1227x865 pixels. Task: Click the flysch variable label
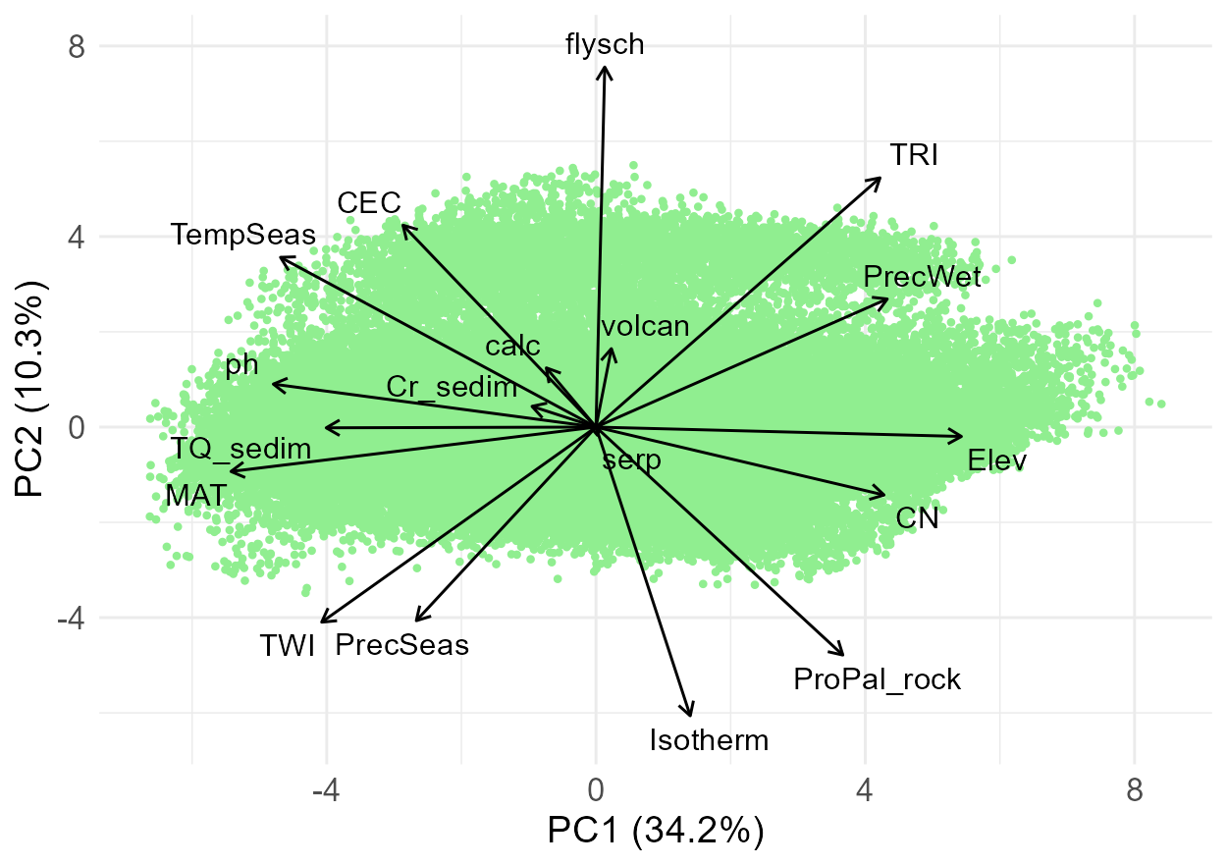pos(605,44)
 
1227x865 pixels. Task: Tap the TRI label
pos(914,155)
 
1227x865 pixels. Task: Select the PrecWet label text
pos(922,277)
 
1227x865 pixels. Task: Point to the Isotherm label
pos(709,739)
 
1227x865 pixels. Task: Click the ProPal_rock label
pos(877,678)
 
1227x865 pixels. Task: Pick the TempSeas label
pos(242,235)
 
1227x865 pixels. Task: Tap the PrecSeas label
pos(401,645)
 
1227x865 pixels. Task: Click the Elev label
pos(996,460)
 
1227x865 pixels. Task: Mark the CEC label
pos(369,203)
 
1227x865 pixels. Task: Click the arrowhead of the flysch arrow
pos(606,68)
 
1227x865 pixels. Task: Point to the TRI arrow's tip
pos(880,178)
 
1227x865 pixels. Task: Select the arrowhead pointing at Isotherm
pos(691,715)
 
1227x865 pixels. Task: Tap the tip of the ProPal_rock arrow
pos(843,655)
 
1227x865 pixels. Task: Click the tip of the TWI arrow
pos(322,622)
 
